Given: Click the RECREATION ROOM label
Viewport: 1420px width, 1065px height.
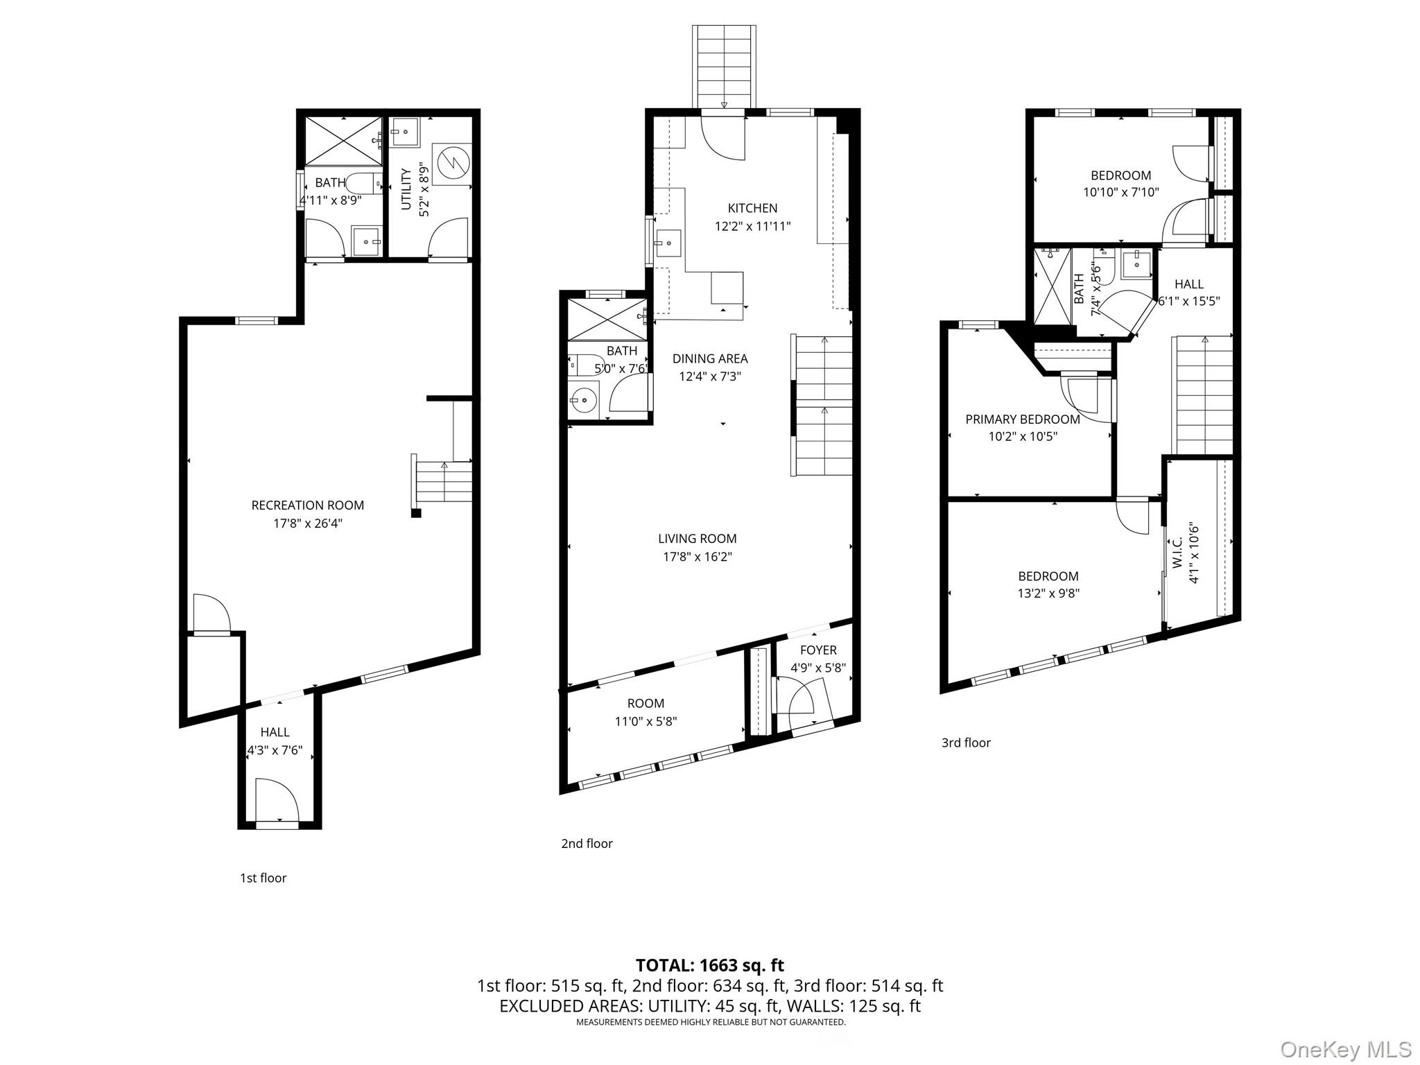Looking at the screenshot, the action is tap(307, 505).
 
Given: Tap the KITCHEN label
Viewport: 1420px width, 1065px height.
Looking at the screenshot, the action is tap(752, 208).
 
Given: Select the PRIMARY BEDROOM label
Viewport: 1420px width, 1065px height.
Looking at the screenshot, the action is tap(1023, 419).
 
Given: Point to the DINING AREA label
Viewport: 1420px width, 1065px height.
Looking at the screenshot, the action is tap(710, 358).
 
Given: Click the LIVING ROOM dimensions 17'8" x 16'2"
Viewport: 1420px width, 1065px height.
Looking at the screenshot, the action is tap(698, 557).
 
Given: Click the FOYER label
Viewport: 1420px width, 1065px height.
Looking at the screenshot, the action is tap(818, 650).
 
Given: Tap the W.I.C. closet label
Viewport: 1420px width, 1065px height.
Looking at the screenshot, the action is tap(1177, 553).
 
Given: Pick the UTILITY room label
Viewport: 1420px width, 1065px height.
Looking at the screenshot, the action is tap(406, 189).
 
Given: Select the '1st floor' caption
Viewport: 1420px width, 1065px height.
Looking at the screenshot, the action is tap(263, 878).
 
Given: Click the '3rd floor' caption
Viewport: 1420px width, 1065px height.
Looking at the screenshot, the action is tap(966, 743).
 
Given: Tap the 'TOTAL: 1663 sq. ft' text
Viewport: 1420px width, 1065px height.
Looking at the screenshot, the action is tap(710, 965).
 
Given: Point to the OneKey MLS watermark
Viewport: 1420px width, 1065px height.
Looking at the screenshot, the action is tap(1346, 1049).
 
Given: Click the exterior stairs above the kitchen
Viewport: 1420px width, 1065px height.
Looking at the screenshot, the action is tap(724, 67).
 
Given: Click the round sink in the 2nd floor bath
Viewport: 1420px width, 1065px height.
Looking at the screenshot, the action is tap(583, 401).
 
